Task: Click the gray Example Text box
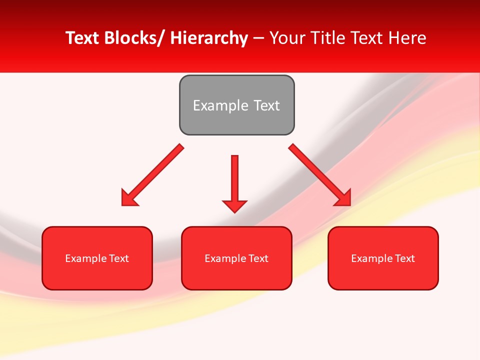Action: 236,105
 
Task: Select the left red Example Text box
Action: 97,258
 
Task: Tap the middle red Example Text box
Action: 236,258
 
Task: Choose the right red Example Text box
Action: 383,258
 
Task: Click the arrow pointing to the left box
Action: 152,175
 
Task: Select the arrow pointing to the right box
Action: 320,175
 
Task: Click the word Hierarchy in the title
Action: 209,38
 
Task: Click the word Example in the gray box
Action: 220,105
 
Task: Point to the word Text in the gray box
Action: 266,105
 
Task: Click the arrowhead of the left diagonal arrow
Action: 128,198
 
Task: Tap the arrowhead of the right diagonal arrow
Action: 344,198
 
